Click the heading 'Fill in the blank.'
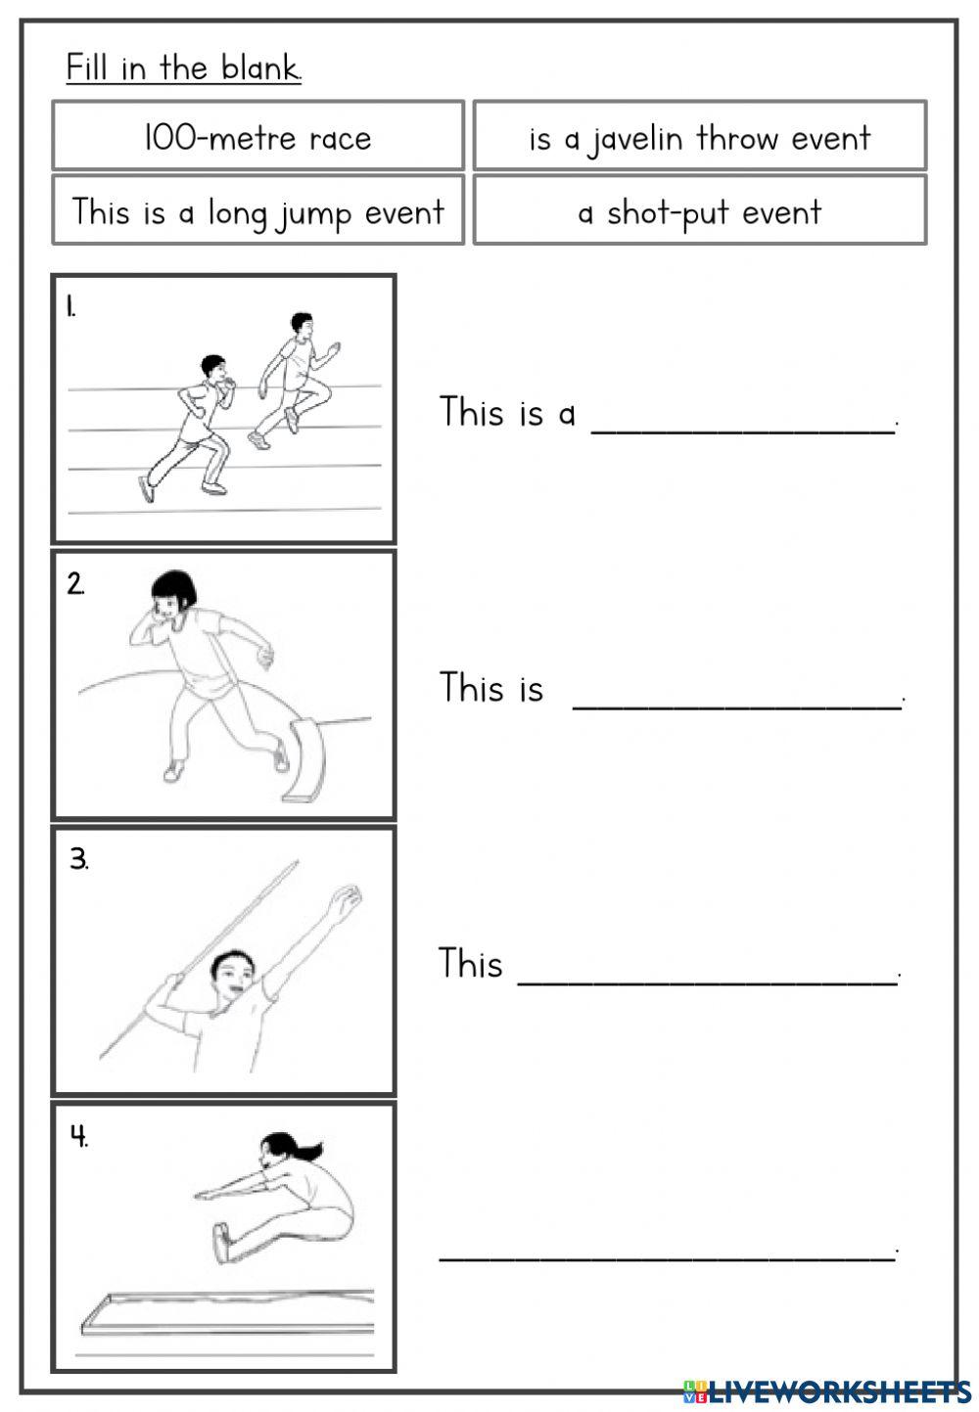pyautogui.click(x=183, y=68)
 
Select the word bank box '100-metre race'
pyautogui.click(x=257, y=138)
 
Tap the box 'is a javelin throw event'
pyautogui.click(x=699, y=138)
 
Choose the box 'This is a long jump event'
pyautogui.click(x=257, y=211)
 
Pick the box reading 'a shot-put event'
pyautogui.click(x=699, y=211)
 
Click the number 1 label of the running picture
pyautogui.click(x=71, y=307)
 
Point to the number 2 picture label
pyautogui.click(x=75, y=584)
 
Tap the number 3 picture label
pyautogui.click(x=78, y=859)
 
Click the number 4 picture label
pyautogui.click(x=78, y=1136)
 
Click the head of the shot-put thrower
pyautogui.click(x=174, y=593)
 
